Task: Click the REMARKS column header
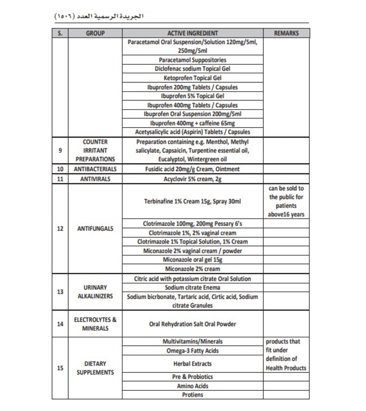[x=286, y=33]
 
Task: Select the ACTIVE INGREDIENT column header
[x=193, y=33]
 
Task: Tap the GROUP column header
[x=95, y=33]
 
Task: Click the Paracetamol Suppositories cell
[x=193, y=60]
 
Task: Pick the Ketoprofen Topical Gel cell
[x=193, y=78]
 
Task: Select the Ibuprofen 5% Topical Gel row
[x=193, y=96]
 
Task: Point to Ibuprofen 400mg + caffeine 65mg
[x=193, y=123]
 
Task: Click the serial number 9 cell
[x=60, y=150]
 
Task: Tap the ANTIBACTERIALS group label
[x=95, y=169]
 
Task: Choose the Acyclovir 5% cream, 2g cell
[x=193, y=179]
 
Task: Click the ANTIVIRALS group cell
[x=95, y=179]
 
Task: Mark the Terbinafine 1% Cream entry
[x=193, y=201]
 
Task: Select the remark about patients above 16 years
[x=286, y=201]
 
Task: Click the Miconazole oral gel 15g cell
[x=193, y=260]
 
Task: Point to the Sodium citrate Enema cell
[x=193, y=288]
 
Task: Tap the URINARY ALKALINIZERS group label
[x=95, y=292]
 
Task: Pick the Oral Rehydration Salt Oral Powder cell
[x=193, y=324]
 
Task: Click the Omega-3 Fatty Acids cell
[x=193, y=351]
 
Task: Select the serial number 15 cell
[x=60, y=368]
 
